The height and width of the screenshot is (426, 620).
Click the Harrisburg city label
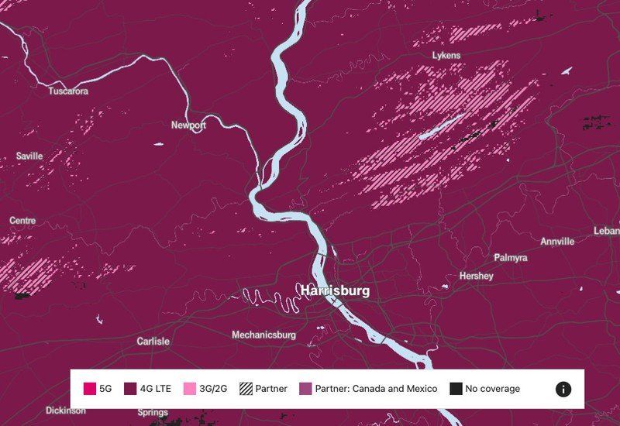point(335,291)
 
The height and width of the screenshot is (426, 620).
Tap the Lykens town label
point(446,56)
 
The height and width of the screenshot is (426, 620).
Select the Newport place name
point(188,125)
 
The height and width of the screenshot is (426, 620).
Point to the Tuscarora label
point(68,91)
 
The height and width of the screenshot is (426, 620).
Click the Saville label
point(29,156)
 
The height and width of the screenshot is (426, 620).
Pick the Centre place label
point(22,221)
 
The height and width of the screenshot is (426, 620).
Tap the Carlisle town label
point(153,341)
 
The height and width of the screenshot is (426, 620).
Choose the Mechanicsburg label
point(263,335)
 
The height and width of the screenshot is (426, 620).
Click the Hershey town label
point(476,276)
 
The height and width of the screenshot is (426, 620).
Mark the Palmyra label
point(510,257)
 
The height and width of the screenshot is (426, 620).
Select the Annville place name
point(557,242)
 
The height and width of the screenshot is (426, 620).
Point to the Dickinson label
point(66,411)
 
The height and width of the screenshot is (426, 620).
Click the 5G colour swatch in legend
point(90,389)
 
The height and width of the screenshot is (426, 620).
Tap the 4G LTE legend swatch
point(129,389)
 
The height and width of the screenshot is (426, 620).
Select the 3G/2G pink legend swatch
point(189,389)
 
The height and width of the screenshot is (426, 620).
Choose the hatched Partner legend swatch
point(246,389)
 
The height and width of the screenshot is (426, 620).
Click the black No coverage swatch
point(456,389)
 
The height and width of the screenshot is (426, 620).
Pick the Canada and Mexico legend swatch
point(305,389)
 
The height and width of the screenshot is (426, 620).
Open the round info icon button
point(563,389)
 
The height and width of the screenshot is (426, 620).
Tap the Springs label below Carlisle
point(153,412)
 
